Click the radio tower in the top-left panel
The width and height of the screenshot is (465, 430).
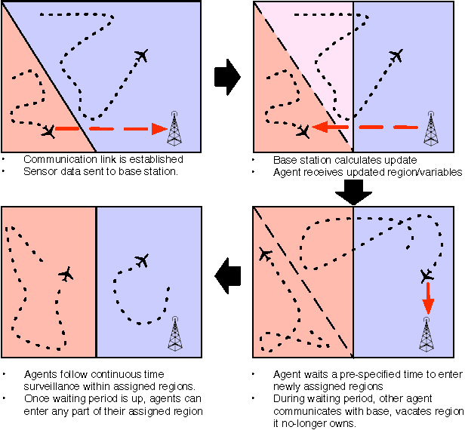coord(174,129)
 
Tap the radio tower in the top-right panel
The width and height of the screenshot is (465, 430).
coord(430,129)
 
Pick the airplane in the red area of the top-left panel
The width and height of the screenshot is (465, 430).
coord(49,131)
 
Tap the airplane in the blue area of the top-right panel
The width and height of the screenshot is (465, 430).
coord(396,56)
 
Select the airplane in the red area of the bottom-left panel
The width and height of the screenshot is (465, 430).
coord(66,274)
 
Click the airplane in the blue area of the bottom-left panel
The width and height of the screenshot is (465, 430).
coord(141,260)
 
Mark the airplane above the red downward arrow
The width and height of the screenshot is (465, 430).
coord(427,275)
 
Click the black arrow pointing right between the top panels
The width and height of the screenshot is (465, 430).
coord(227,75)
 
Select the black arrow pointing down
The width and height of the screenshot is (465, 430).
coord(353,193)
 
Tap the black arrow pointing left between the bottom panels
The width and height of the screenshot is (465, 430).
coord(227,278)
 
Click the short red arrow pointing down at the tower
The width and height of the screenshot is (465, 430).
coord(428,300)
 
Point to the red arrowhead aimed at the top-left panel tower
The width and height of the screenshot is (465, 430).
coord(159,129)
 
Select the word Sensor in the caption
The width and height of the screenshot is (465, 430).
coord(38,172)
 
